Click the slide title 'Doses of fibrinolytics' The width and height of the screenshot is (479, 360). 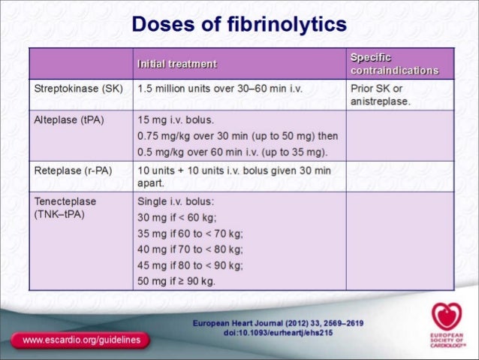pyautogui.click(x=239, y=24)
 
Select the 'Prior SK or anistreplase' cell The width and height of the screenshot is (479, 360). pyautogui.click(x=381, y=95)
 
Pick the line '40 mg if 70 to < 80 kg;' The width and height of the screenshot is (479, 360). pyautogui.click(x=191, y=250)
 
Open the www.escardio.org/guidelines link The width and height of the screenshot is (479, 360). pyautogui.click(x=81, y=340)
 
